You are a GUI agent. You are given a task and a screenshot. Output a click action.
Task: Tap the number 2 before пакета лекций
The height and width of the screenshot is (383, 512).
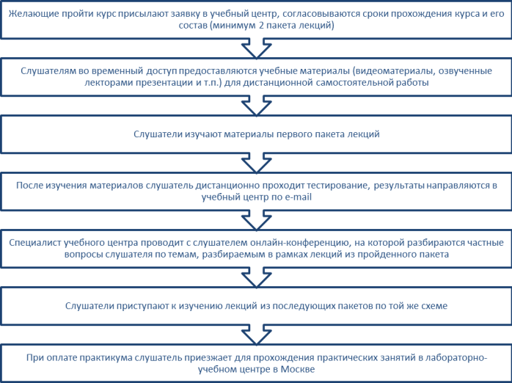[x=261, y=26]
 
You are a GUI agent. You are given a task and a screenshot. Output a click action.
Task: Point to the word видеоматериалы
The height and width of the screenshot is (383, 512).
[x=395, y=71]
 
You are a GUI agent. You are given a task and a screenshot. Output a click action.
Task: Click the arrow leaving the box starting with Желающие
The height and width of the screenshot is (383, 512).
[x=256, y=48]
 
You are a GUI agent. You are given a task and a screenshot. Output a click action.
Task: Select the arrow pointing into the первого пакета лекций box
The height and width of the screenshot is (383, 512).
[x=256, y=106]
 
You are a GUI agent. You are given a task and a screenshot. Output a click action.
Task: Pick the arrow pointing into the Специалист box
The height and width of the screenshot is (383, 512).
[x=256, y=220]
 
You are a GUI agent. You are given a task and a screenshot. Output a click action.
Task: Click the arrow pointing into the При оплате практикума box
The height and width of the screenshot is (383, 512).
[x=256, y=335]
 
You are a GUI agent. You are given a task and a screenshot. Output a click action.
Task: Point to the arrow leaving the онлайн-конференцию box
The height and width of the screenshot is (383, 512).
[x=256, y=277]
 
